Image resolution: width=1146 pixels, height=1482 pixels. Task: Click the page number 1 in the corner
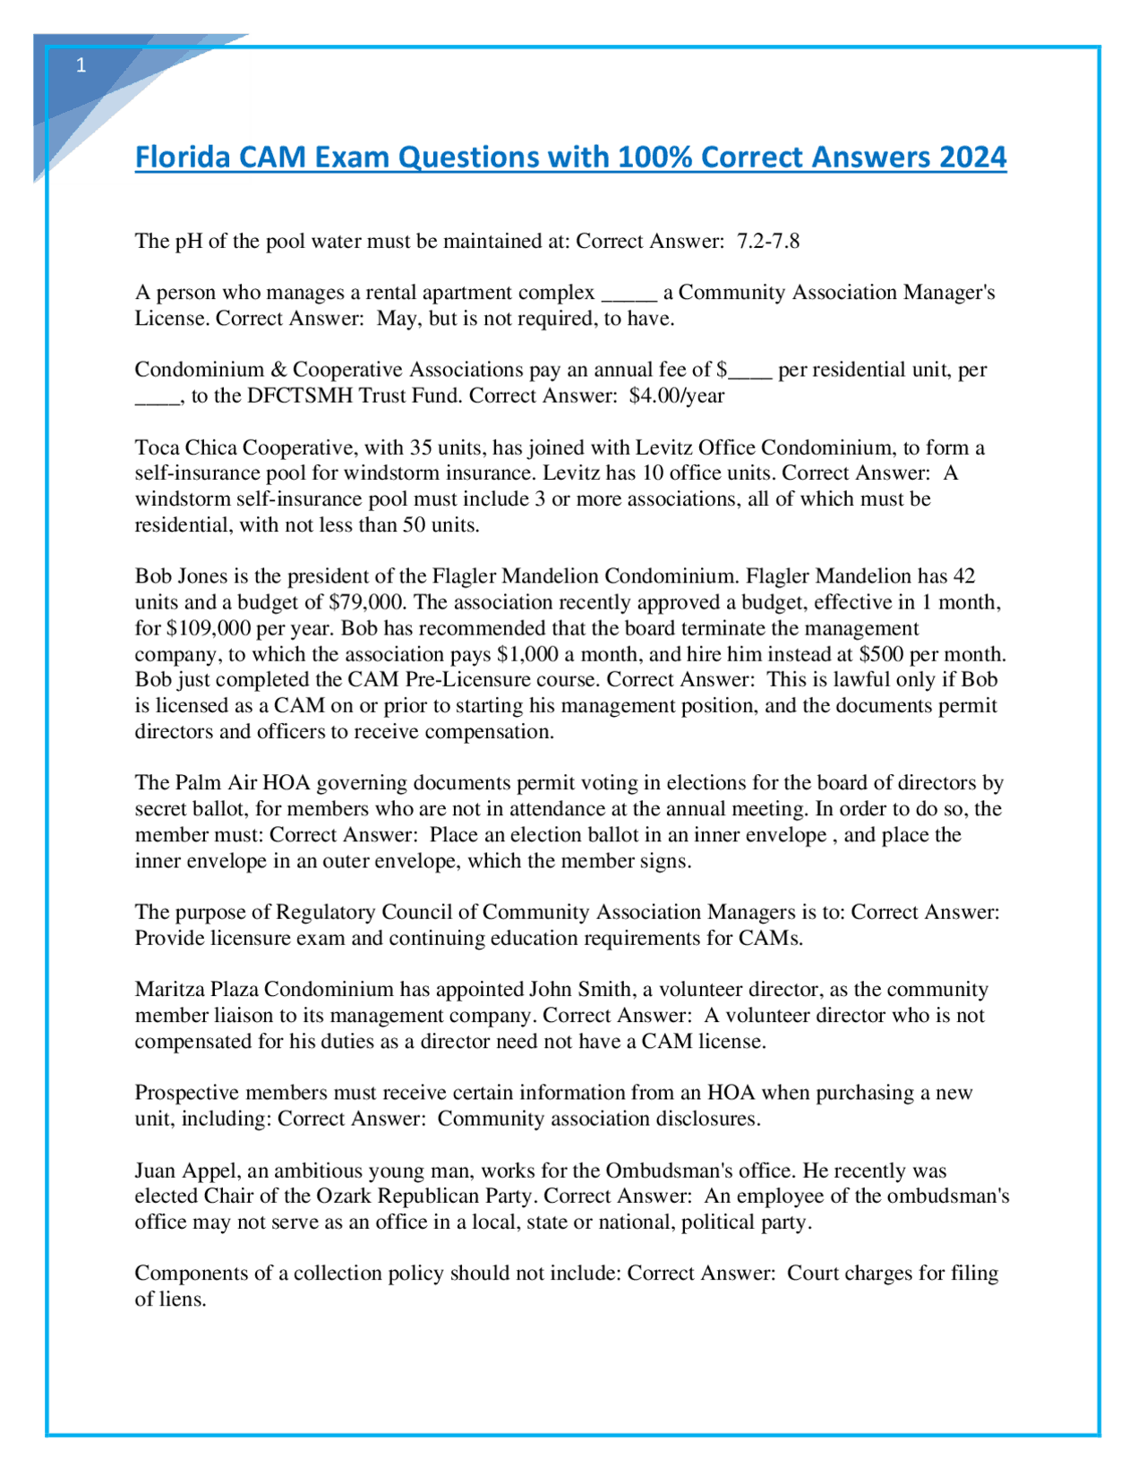pos(81,65)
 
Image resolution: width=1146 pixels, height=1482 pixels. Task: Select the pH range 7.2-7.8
pos(768,241)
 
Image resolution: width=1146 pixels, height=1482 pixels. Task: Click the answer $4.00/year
pos(677,396)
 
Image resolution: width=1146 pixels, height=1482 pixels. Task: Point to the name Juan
pos(156,1171)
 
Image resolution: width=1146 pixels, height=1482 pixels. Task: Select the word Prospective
pos(186,1093)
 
